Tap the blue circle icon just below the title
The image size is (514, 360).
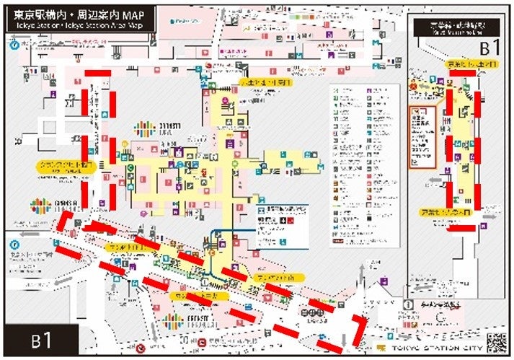[x=14, y=44]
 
